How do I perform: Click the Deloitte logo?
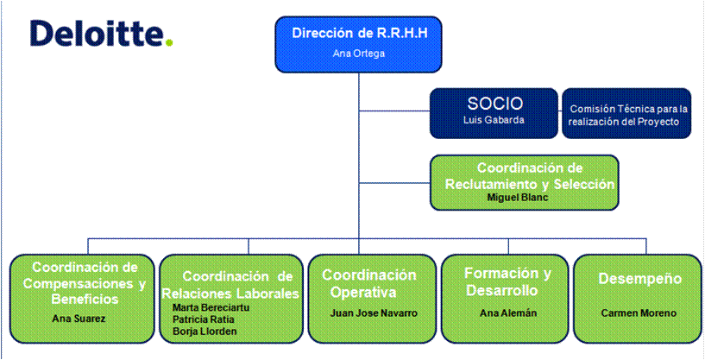pyautogui.click(x=102, y=33)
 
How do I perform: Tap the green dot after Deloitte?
pyautogui.click(x=169, y=43)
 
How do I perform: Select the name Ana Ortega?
pyautogui.click(x=358, y=54)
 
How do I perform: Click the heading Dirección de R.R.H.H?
pyautogui.click(x=359, y=34)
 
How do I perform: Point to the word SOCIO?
pyautogui.click(x=494, y=104)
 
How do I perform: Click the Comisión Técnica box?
pyautogui.click(x=626, y=113)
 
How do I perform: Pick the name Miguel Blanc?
pyautogui.click(x=518, y=198)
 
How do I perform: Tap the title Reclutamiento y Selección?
pyautogui.click(x=529, y=184)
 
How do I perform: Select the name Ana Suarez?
pyautogui.click(x=80, y=319)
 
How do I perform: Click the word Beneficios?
pyautogui.click(x=85, y=299)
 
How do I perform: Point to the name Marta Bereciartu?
pyautogui.click(x=211, y=308)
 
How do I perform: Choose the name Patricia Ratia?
pyautogui.click(x=204, y=319)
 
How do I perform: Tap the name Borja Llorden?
pyautogui.click(x=205, y=332)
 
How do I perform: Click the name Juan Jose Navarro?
pyautogui.click(x=374, y=313)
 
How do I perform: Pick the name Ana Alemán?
pyautogui.click(x=508, y=313)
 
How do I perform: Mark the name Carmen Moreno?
pyautogui.click(x=639, y=313)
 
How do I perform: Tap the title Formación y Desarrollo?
pyautogui.click(x=507, y=281)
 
